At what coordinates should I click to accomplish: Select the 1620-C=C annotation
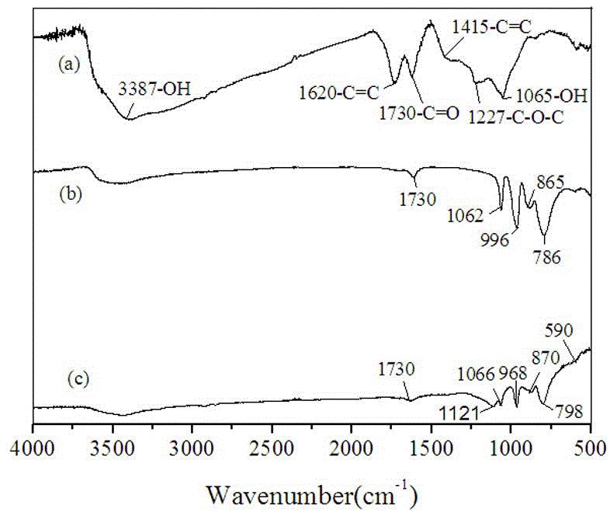pyautogui.click(x=339, y=94)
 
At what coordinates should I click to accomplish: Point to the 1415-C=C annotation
pyautogui.click(x=493, y=28)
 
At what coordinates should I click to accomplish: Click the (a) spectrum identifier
pyautogui.click(x=69, y=65)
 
